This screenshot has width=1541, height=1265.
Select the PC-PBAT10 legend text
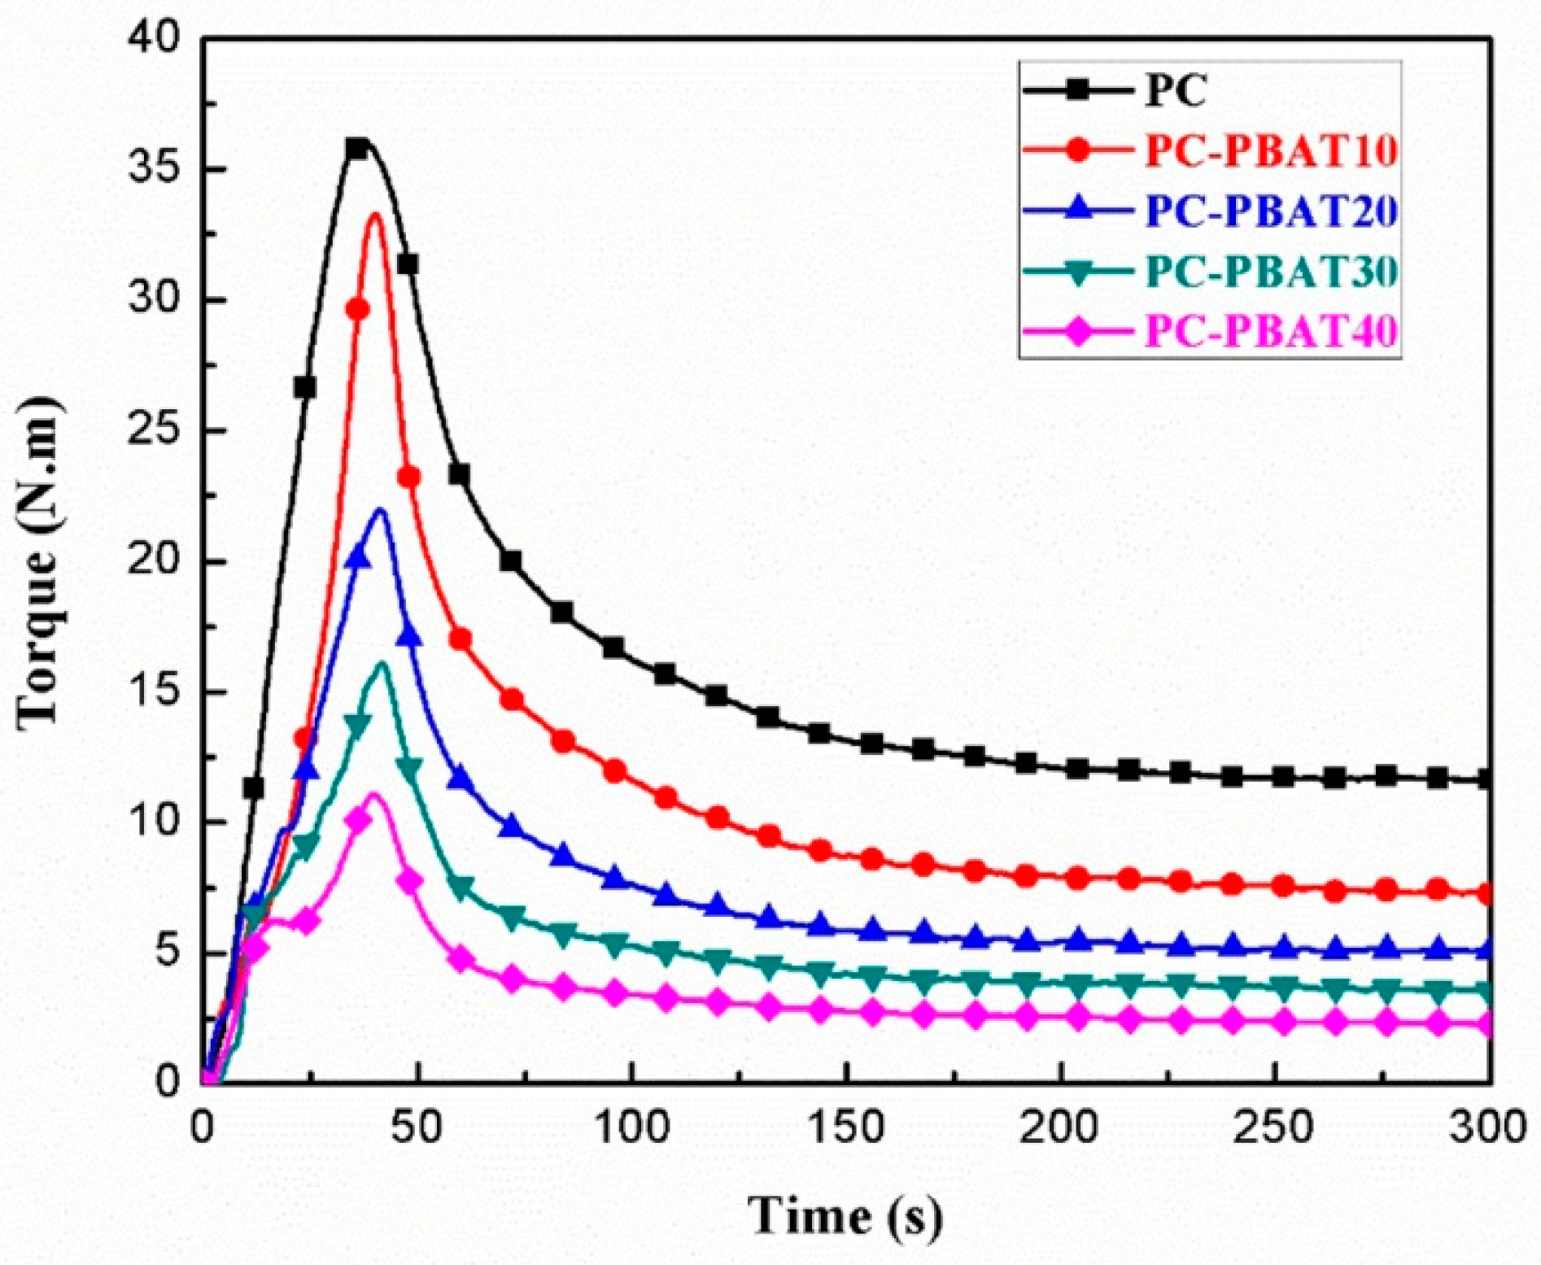tap(1271, 151)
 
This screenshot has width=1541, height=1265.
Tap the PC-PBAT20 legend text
tap(1271, 212)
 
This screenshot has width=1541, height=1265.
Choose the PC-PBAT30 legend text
tap(1271, 272)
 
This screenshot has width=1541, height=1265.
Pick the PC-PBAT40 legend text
tap(1271, 331)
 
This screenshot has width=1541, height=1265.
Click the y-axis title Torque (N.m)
tap(39, 561)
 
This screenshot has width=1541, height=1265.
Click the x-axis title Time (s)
tap(846, 1217)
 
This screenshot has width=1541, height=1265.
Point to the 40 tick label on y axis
tap(154, 40)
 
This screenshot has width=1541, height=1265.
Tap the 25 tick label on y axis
tap(154, 430)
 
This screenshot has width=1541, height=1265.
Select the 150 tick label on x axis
tap(846, 1128)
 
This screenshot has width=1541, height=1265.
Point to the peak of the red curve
tap(375, 214)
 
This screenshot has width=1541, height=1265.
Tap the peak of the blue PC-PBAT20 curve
tap(380, 510)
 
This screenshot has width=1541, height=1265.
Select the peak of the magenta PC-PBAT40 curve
tap(374, 793)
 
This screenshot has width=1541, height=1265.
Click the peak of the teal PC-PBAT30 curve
tap(382, 663)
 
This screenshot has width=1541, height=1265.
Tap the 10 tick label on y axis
tap(154, 822)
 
